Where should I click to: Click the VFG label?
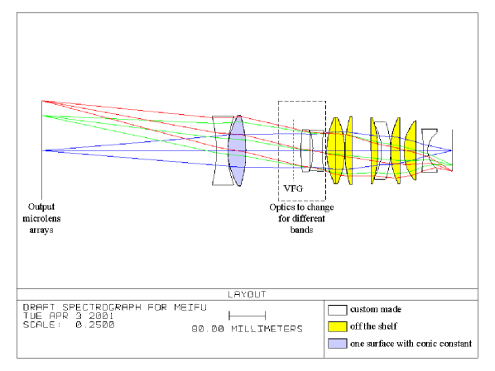click(293, 188)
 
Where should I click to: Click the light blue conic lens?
click(237, 150)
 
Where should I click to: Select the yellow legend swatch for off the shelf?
click(337, 326)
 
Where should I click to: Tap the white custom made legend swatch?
click(337, 310)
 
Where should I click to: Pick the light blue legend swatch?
click(337, 344)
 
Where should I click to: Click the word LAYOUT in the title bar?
click(247, 294)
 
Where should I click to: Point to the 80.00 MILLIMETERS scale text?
click(247, 329)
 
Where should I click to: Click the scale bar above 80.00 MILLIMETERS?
click(247, 316)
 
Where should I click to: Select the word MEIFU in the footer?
click(190, 307)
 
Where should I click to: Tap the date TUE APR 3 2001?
click(68, 316)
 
